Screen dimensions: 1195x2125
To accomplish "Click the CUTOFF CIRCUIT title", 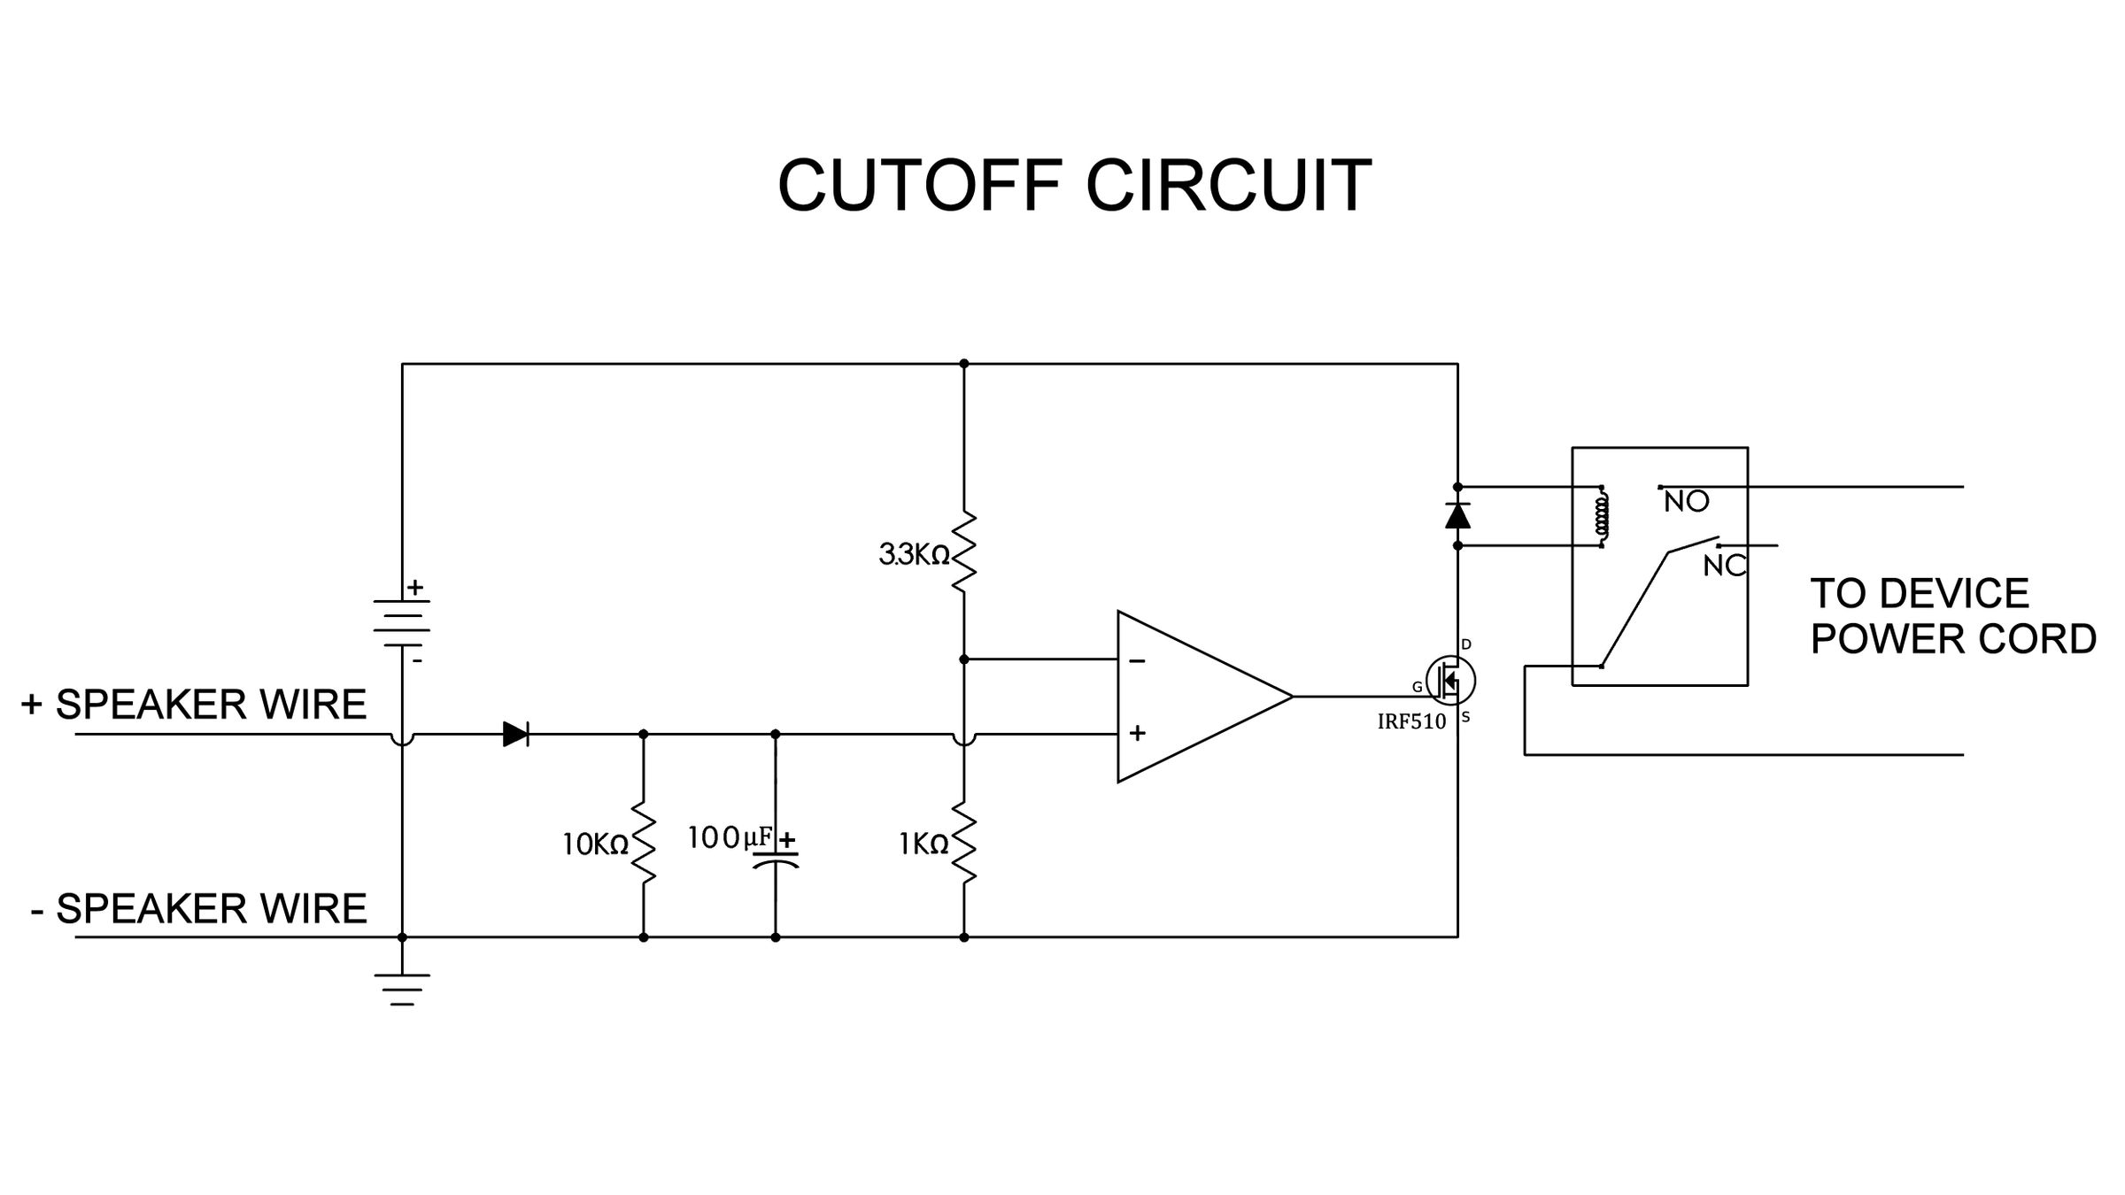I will (x=1074, y=186).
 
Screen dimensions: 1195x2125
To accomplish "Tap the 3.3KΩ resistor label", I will (x=914, y=555).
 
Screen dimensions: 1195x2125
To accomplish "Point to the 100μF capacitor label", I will (x=730, y=836).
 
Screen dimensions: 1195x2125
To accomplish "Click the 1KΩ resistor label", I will (x=923, y=844).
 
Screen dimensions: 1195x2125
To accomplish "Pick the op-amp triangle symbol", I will (x=1195, y=697).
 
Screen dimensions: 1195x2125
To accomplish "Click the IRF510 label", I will (x=1411, y=721).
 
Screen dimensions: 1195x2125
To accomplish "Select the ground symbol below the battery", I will (x=402, y=989).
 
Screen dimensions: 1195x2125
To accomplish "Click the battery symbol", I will (x=402, y=622).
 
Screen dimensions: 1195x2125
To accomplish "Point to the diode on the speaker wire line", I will (x=515, y=734).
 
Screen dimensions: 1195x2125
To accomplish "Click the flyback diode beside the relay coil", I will (x=1457, y=516).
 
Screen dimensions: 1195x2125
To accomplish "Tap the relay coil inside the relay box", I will (x=1602, y=516).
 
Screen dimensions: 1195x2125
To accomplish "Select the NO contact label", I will (x=1686, y=502).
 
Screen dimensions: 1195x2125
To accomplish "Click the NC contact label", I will (x=1724, y=566).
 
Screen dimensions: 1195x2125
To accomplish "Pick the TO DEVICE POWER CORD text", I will (x=1952, y=616).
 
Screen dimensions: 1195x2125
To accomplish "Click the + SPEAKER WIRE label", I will (x=194, y=705).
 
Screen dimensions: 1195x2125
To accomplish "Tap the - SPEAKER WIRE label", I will (x=198, y=909).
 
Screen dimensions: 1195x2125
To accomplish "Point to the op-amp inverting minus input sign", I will (x=1138, y=661).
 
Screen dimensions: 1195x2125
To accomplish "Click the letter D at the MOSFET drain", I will (x=1466, y=644).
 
